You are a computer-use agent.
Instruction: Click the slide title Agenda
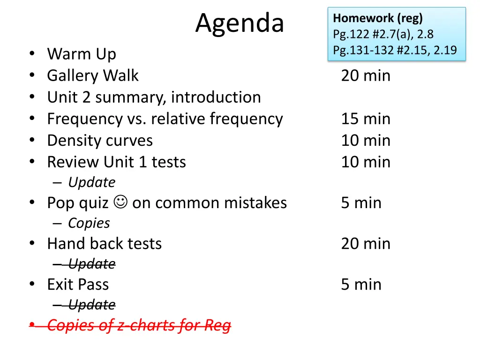[x=240, y=23]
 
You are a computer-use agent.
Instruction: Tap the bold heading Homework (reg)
[x=377, y=19]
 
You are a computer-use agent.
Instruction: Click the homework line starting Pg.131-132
[x=395, y=50]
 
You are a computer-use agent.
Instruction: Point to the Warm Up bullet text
[x=81, y=54]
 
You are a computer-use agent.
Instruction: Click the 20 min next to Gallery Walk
[x=365, y=76]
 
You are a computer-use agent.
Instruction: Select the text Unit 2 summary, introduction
[x=154, y=97]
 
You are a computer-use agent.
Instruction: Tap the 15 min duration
[x=365, y=119]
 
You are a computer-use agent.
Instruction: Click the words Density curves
[x=100, y=141]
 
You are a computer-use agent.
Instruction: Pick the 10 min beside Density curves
[x=365, y=141]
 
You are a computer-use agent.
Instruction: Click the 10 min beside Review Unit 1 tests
[x=365, y=162]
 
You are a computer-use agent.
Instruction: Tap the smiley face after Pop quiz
[x=120, y=203]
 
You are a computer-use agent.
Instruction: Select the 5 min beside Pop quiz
[x=361, y=203]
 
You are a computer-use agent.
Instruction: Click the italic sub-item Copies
[x=89, y=224]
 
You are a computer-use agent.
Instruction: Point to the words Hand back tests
[x=104, y=244]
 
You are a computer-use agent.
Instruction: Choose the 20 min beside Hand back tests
[x=365, y=244]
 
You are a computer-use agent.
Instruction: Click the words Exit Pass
[x=78, y=285]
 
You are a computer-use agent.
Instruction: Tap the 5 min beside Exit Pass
[x=361, y=285]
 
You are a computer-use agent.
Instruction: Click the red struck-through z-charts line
[x=139, y=325]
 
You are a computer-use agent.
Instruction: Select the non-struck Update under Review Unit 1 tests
[x=91, y=182]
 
